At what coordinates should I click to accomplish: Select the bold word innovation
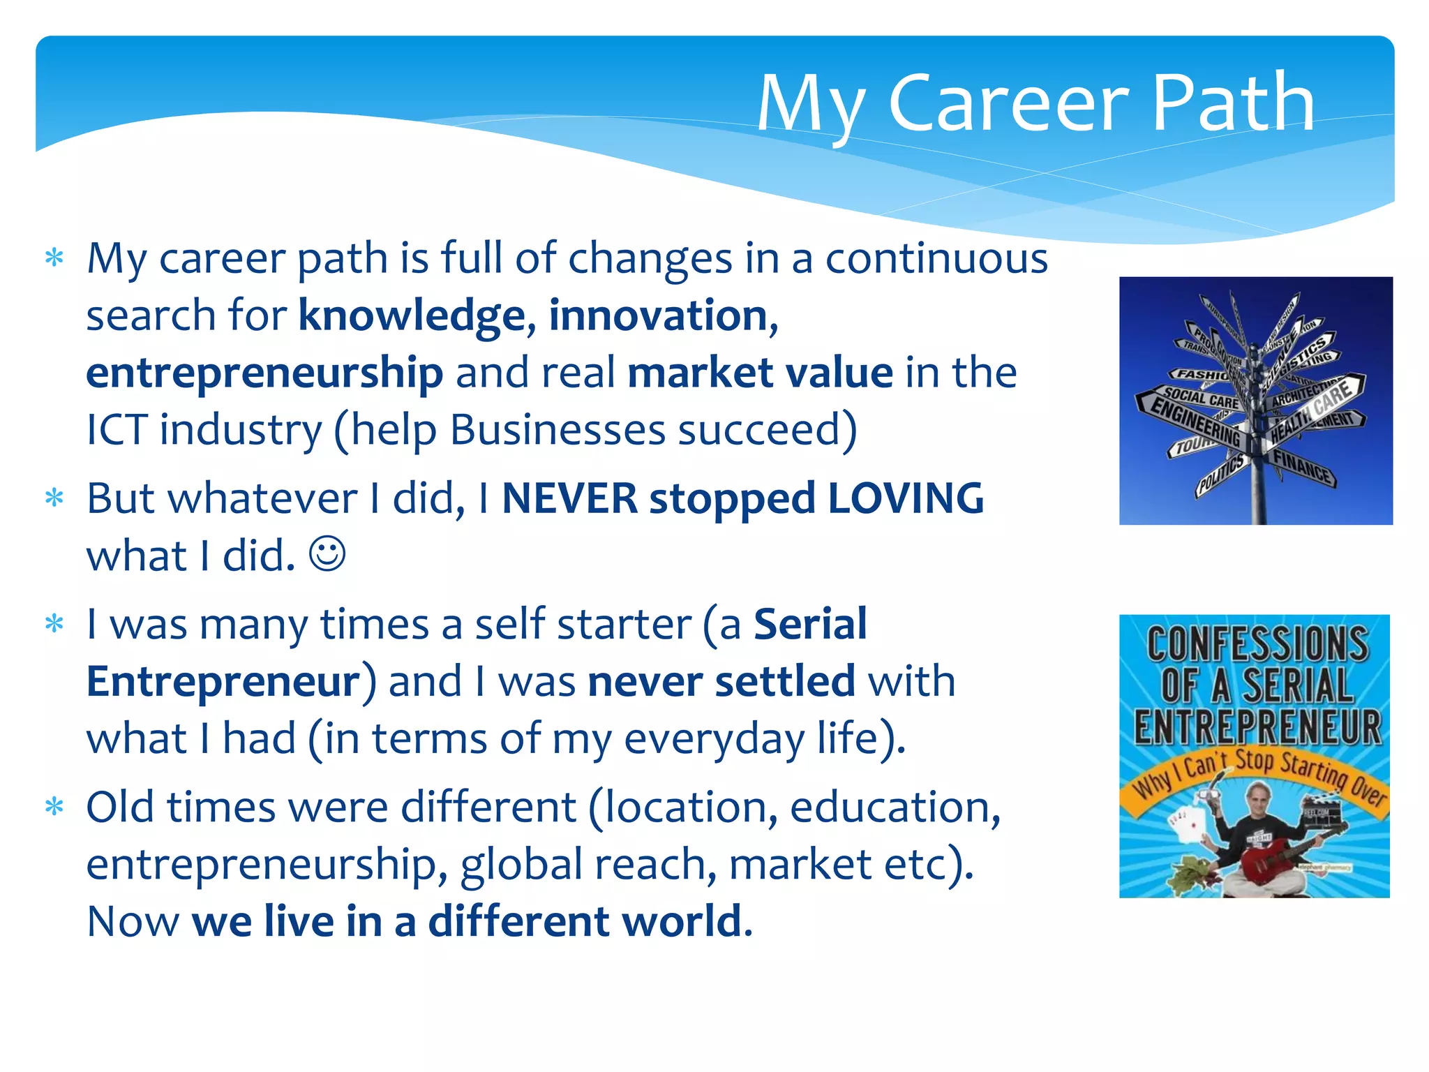(x=658, y=316)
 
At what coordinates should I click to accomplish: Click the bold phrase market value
(x=760, y=373)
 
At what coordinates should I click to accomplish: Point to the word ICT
(x=117, y=430)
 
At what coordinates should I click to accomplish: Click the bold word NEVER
(x=569, y=499)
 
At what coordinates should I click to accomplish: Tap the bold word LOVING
(x=905, y=499)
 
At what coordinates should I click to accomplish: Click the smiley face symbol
(x=327, y=554)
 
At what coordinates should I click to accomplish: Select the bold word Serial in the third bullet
(x=810, y=624)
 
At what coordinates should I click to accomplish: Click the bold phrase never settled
(x=721, y=681)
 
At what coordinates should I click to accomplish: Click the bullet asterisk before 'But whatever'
(x=54, y=498)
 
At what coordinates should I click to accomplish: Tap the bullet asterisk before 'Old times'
(x=54, y=807)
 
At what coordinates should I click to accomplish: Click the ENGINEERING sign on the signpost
(x=1195, y=423)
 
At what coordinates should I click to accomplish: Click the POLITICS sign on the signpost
(x=1221, y=475)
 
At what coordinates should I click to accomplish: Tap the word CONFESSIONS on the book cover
(x=1257, y=643)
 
